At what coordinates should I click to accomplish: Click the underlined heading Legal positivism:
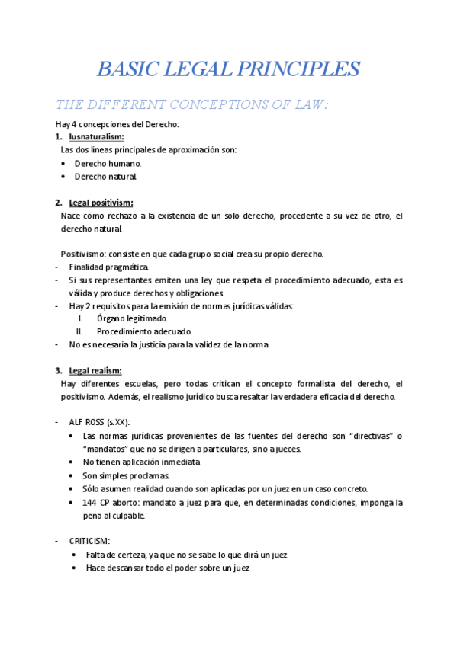[x=101, y=203]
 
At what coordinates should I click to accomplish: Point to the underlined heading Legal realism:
[x=95, y=371]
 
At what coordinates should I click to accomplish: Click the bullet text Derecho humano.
[x=108, y=163]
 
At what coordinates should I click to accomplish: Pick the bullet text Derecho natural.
[x=105, y=177]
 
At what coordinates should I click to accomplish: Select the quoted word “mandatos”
[x=108, y=449]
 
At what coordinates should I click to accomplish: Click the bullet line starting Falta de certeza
[x=186, y=555]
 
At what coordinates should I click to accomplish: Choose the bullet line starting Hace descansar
[x=167, y=568]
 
